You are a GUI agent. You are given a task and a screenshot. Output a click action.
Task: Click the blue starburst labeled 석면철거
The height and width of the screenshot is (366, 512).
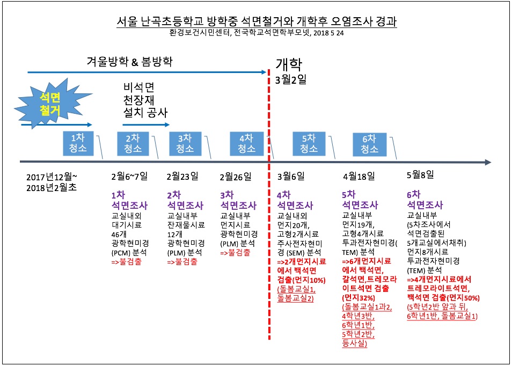(52, 104)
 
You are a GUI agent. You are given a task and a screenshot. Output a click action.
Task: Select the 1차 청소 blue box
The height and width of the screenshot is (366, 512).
(78, 143)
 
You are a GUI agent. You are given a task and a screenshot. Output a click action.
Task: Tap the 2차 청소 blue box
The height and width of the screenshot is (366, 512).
(133, 144)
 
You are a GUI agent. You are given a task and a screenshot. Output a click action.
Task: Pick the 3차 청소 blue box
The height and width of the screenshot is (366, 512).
(185, 144)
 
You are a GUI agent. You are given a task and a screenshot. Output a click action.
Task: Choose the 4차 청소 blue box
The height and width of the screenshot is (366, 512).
(246, 144)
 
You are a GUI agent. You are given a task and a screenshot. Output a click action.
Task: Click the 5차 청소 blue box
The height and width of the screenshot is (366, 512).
(309, 144)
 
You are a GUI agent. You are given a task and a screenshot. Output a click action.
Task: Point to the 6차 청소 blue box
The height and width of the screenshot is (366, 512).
(370, 144)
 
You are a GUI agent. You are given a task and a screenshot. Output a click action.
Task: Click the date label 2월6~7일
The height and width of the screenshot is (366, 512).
(129, 177)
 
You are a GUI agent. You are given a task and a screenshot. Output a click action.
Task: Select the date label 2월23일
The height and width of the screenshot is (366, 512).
(182, 177)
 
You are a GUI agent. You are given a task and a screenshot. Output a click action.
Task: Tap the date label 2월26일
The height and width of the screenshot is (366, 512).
(236, 177)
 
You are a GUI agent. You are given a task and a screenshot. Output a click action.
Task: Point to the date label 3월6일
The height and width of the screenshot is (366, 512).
(291, 177)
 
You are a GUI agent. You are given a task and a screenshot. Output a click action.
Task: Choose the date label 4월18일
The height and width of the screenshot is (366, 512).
(359, 177)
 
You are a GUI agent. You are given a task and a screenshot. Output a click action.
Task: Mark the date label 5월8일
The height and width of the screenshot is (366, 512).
(420, 174)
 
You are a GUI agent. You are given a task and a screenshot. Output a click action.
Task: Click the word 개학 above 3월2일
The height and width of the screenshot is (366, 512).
(289, 64)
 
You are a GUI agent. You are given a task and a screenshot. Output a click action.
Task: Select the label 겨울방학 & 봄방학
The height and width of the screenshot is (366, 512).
(129, 61)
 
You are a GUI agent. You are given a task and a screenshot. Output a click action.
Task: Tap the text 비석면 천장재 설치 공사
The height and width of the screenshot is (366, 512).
(145, 100)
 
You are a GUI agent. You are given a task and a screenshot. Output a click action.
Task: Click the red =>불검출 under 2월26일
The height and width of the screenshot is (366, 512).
(235, 252)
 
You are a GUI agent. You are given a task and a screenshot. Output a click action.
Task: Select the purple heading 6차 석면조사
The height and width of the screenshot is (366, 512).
(425, 200)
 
